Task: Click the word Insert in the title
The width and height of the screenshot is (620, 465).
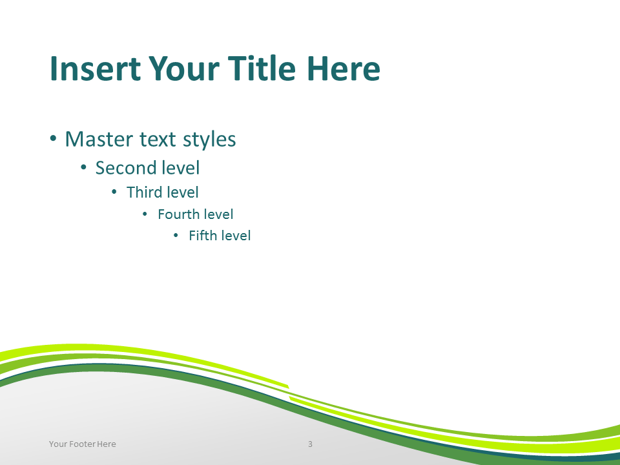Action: click(x=95, y=68)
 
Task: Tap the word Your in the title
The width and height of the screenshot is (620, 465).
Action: click(x=183, y=68)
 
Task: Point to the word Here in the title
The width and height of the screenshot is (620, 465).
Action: click(x=343, y=68)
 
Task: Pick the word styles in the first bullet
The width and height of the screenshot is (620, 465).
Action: click(x=209, y=140)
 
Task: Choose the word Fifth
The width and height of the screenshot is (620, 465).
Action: click(x=203, y=236)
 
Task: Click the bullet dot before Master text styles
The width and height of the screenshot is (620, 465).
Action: click(x=54, y=139)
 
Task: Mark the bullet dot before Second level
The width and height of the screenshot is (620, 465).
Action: click(x=83, y=168)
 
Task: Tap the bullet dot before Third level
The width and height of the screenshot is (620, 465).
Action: click(x=114, y=192)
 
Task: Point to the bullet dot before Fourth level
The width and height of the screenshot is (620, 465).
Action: click(x=145, y=214)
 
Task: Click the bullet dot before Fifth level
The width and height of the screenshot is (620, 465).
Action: click(x=176, y=236)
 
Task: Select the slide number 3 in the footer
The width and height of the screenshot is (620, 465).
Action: click(x=311, y=444)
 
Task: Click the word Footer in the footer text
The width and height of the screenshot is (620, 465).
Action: click(x=82, y=444)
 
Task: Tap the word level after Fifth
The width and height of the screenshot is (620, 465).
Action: click(x=235, y=236)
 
